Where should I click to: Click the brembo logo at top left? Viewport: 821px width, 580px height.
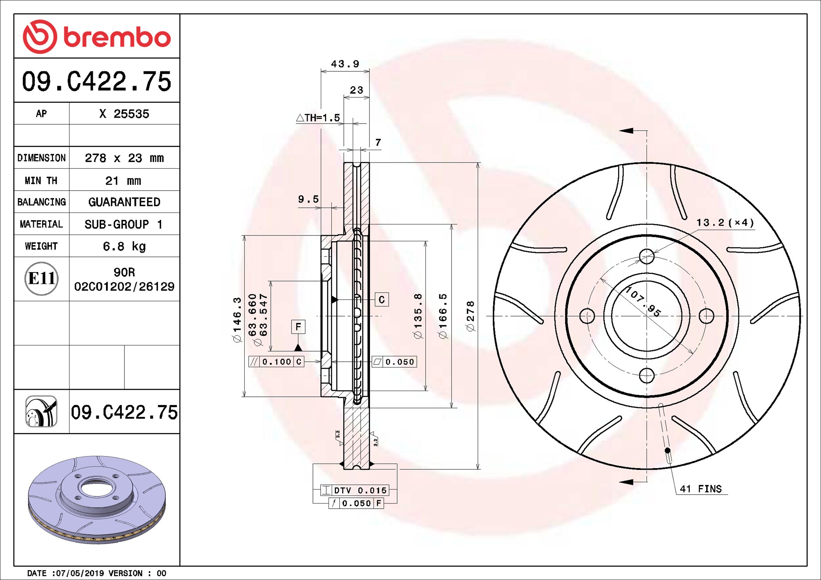97,37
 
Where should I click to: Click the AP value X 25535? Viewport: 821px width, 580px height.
124,114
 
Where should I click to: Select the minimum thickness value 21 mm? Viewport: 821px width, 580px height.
123,180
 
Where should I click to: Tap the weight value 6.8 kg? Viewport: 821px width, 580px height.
124,246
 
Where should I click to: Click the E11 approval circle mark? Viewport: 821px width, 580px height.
41,278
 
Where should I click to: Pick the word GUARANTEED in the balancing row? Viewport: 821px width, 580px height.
124,202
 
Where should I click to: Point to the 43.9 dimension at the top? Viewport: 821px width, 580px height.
345,64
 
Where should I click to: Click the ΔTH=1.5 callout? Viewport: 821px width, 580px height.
318,117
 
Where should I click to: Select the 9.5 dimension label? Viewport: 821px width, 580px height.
308,199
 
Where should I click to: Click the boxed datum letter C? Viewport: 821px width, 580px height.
382,299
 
